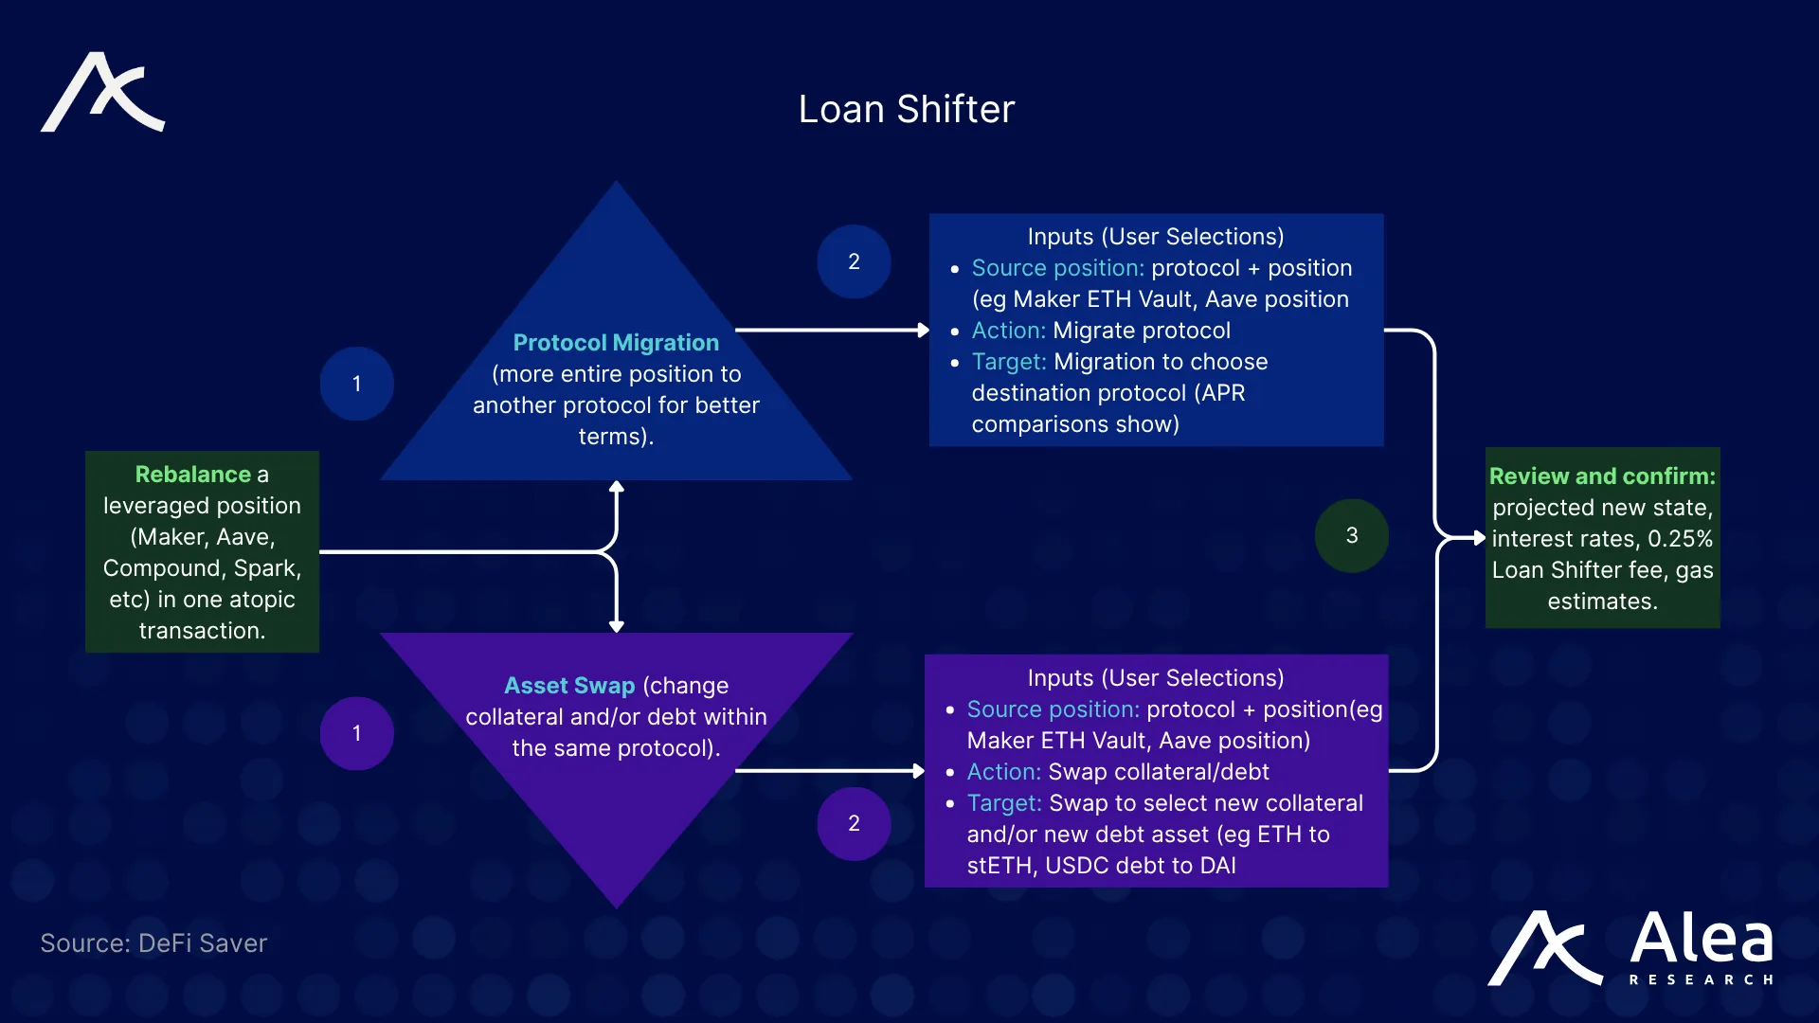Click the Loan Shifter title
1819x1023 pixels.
coord(906,109)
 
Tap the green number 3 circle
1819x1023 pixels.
coord(1351,535)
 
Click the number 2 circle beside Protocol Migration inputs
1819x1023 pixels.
coord(854,261)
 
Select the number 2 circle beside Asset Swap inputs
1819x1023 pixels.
coord(854,823)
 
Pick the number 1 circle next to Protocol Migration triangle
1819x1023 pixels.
coord(356,384)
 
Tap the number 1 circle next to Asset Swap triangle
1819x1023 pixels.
coord(356,733)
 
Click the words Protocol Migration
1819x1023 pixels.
coord(616,342)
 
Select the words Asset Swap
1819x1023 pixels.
coord(569,685)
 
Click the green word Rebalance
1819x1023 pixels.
coord(193,474)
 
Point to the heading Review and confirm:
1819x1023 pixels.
coord(1602,476)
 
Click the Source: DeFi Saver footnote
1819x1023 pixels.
coord(153,943)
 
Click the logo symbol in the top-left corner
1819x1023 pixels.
coord(102,92)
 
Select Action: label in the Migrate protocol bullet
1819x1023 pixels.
coord(1008,331)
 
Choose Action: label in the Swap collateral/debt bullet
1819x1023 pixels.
coord(1003,772)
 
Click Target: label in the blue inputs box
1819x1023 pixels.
coord(1008,362)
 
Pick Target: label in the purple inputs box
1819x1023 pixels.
coord(1003,803)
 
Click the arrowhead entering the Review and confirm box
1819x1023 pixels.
coord(1479,537)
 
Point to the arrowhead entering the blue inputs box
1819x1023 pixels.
coord(923,330)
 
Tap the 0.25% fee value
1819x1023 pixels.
coord(1680,539)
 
